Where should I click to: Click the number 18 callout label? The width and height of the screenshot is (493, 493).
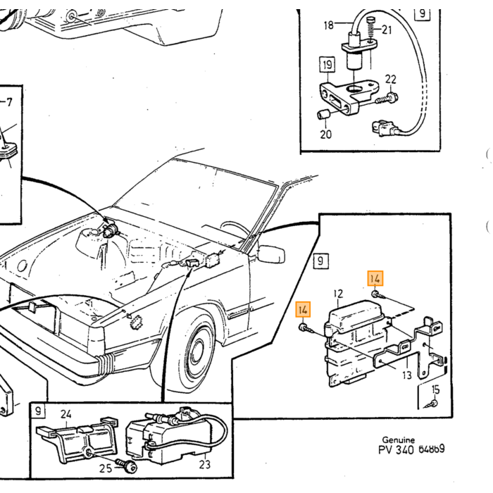coord(329,25)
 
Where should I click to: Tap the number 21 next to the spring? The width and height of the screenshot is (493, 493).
coord(387,30)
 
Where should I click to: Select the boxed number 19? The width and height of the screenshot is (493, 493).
coord(327,65)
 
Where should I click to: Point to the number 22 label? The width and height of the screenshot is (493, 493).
coord(390,79)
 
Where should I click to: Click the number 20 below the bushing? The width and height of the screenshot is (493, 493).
coord(325,135)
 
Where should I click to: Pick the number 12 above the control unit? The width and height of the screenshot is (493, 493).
coord(338,294)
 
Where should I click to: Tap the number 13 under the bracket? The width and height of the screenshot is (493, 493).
coord(407,375)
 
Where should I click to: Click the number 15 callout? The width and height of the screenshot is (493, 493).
coord(435,389)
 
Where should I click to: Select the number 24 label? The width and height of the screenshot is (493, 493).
coord(65,414)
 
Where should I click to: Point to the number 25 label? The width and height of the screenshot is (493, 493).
coord(106,468)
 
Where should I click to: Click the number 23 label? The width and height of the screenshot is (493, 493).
coord(205,464)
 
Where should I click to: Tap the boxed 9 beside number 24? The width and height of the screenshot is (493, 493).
coord(38,411)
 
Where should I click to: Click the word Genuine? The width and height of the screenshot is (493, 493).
coord(399,440)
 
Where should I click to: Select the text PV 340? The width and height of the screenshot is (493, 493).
coord(396,450)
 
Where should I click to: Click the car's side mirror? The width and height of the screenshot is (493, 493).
coord(271,254)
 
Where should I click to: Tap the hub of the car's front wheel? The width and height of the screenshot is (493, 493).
coord(197,350)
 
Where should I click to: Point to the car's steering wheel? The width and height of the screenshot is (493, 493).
coord(235,229)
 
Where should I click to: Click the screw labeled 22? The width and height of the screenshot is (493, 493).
coord(387,98)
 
